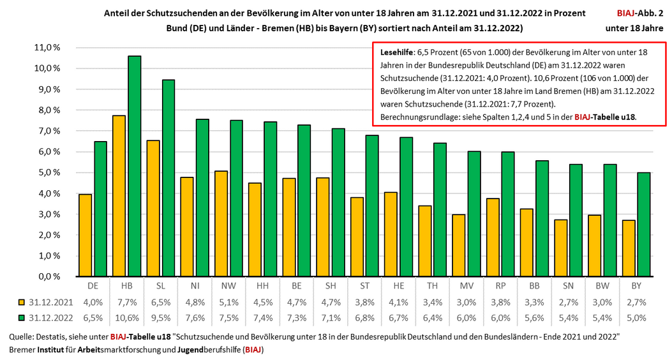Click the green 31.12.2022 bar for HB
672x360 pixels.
pos(134,166)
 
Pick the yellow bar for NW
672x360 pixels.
pos(220,223)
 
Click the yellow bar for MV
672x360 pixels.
pos(458,245)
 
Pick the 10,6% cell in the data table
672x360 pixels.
pos(128,317)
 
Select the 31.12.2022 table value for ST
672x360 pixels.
pos(364,317)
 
